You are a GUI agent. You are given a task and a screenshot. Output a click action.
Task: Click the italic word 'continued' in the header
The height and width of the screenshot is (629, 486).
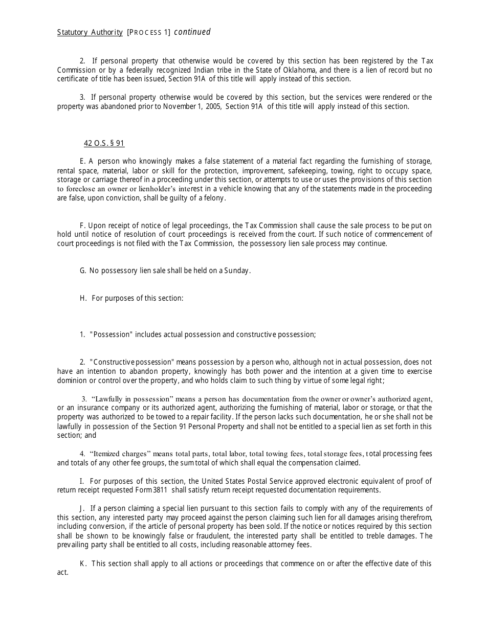click(192, 32)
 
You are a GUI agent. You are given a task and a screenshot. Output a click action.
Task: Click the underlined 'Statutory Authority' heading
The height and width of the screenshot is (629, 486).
click(90, 33)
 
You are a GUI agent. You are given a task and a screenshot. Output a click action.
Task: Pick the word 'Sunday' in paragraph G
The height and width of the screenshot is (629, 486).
click(237, 271)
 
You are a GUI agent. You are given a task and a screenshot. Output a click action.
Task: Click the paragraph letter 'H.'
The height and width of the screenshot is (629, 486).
click(83, 298)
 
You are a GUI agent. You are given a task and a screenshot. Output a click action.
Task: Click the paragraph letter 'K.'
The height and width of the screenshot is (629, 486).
click(83, 564)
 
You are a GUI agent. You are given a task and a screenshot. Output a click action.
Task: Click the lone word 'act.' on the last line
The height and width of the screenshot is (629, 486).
click(62, 572)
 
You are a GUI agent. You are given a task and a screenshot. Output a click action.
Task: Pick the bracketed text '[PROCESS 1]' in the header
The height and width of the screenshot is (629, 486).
click(149, 33)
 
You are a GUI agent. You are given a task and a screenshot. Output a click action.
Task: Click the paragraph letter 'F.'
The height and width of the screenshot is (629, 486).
click(83, 226)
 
